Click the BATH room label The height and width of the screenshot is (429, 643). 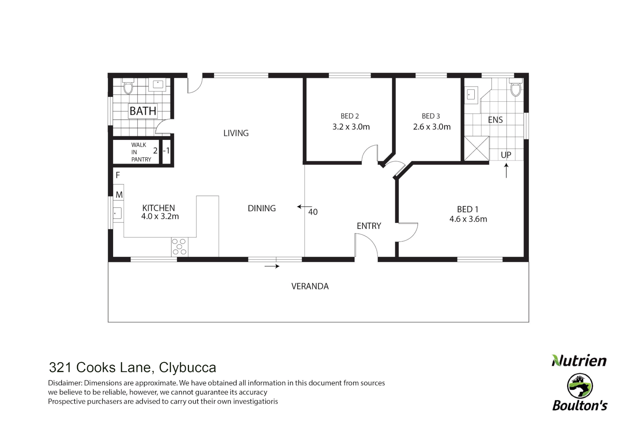click(143, 111)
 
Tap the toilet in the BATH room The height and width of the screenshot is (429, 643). click(128, 87)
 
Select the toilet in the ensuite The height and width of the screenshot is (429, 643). click(516, 89)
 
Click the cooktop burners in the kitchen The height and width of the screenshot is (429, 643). click(179, 247)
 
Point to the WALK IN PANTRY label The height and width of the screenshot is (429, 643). click(141, 152)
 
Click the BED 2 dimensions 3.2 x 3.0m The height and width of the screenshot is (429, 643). click(351, 127)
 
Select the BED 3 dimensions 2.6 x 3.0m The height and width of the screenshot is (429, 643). click(432, 127)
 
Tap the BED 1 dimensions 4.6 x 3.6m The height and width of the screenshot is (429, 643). click(468, 219)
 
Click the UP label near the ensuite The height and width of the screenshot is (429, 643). click(506, 155)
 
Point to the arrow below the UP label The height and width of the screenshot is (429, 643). click(506, 171)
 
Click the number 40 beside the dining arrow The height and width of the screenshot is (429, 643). click(313, 212)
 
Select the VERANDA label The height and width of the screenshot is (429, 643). click(310, 286)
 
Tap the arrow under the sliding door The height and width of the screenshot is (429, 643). click(272, 266)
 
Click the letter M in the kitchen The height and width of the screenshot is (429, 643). click(119, 195)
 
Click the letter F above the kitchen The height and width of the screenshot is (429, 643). click(117, 175)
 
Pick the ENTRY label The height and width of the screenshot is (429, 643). click(369, 226)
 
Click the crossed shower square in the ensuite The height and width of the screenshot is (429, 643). click(477, 149)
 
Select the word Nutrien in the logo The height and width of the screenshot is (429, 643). click(579, 361)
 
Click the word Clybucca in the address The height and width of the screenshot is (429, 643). click(187, 368)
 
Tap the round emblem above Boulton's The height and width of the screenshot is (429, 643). click(580, 386)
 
